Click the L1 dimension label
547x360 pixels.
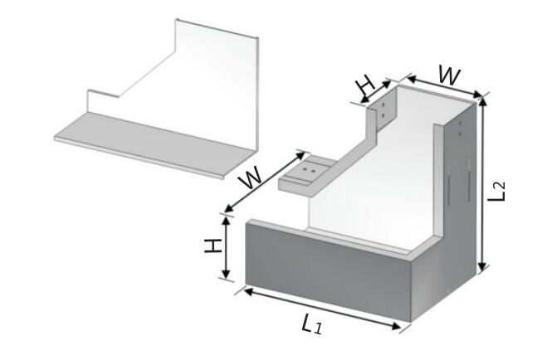[312, 324]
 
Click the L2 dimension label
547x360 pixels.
[496, 192]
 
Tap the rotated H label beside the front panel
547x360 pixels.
[212, 246]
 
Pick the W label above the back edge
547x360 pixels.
[449, 75]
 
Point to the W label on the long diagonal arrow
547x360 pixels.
[250, 177]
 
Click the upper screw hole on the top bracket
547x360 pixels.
[383, 105]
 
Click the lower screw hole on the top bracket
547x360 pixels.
[383, 114]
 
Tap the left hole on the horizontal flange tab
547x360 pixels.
[305, 169]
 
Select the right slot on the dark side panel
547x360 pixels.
[468, 181]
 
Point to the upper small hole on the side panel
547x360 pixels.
[461, 124]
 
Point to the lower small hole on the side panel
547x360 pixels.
[461, 133]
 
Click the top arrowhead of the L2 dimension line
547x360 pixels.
[482, 101]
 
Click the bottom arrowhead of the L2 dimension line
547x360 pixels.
[482, 267]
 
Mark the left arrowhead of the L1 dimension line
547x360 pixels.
[248, 291]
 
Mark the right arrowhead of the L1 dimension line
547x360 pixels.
[396, 326]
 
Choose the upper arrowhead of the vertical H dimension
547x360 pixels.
[227, 221]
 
